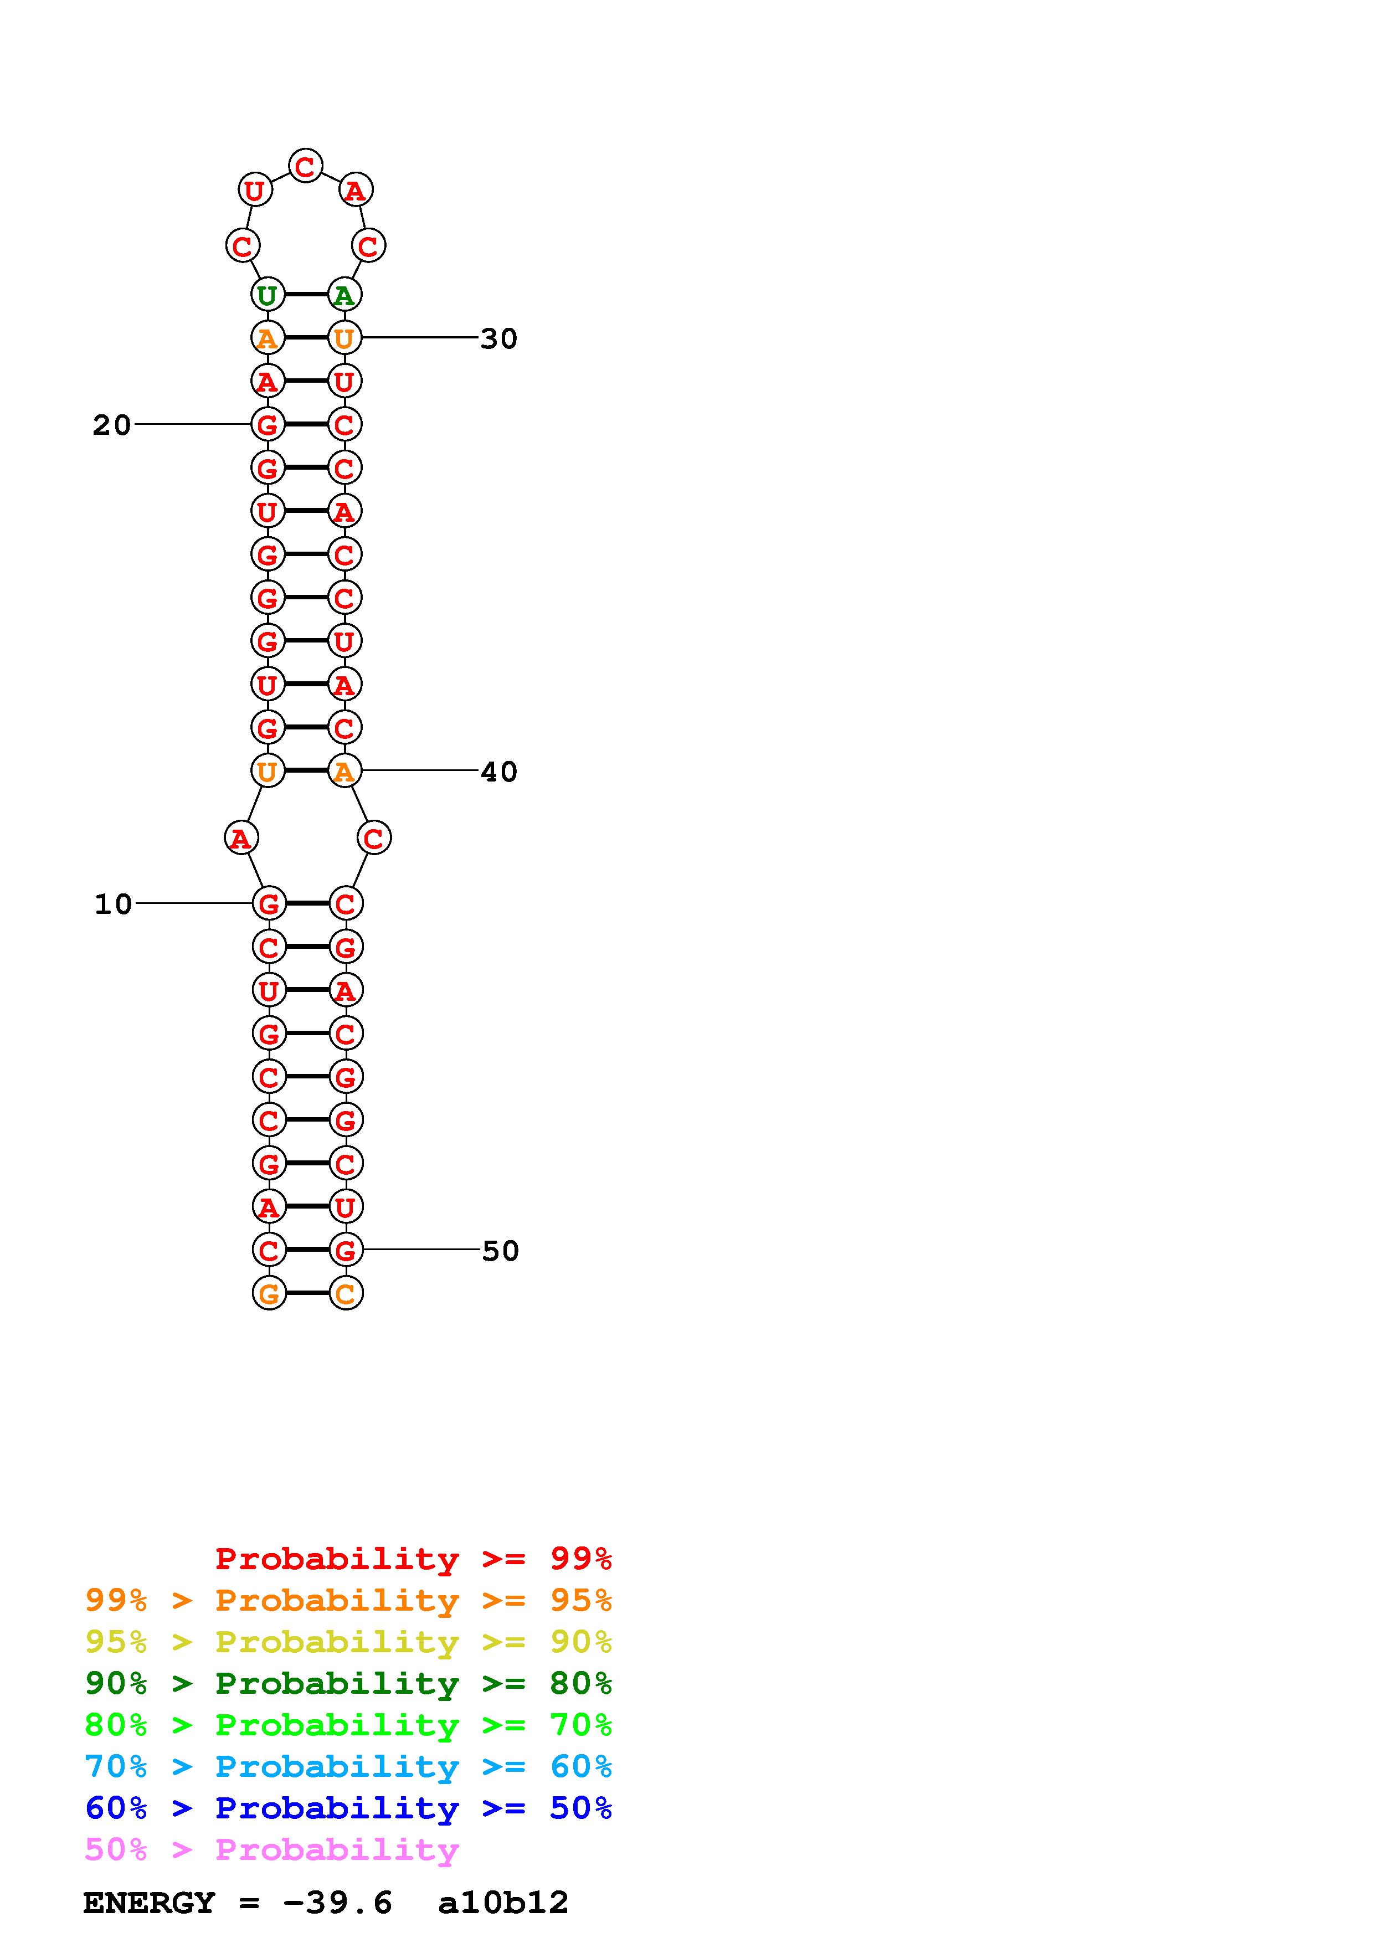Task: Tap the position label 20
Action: (112, 425)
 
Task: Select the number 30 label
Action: (498, 338)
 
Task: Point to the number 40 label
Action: (498, 772)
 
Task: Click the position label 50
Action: (500, 1251)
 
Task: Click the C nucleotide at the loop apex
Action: (305, 166)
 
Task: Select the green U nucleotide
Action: (268, 295)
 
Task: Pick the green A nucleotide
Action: (343, 295)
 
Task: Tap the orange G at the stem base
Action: (269, 1293)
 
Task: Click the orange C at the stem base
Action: (345, 1293)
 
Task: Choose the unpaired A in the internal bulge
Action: (241, 839)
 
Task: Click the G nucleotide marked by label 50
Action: (345, 1250)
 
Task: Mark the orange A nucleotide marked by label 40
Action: (343, 771)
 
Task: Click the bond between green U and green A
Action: (305, 295)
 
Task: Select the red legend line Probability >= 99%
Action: (413, 1558)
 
